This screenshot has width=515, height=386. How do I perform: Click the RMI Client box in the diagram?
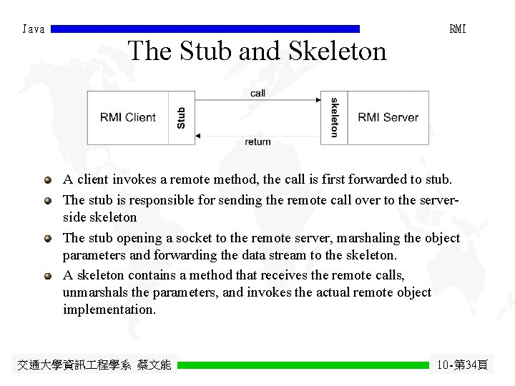click(x=128, y=118)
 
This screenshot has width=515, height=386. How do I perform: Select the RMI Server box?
click(x=388, y=118)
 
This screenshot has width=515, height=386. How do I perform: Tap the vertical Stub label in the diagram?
click(x=182, y=118)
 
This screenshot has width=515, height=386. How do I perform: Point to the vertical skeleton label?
click(x=335, y=118)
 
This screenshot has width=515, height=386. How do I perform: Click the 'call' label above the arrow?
click(x=257, y=94)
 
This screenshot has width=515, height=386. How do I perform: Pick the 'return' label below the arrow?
click(x=257, y=142)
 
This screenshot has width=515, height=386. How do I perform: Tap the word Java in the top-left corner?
click(x=34, y=29)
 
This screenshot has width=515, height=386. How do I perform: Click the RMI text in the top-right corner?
click(x=458, y=29)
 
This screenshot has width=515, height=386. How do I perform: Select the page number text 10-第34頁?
click(x=462, y=365)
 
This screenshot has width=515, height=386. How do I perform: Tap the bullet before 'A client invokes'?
click(x=47, y=180)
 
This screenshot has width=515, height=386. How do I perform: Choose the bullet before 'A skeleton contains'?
click(x=47, y=274)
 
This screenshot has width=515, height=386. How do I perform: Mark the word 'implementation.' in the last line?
click(x=109, y=310)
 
